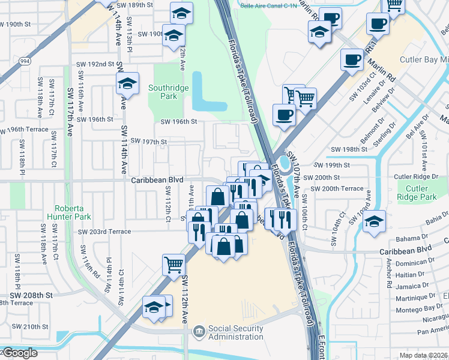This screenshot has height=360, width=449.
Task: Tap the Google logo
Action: coord(19,353)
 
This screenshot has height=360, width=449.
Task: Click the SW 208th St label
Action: coord(31,296)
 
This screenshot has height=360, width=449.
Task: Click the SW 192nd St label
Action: coord(95,64)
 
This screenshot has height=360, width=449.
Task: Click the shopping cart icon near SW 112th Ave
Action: coord(173,263)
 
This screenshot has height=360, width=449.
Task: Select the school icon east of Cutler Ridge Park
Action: coord(374,221)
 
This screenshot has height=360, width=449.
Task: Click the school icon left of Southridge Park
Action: coord(127,83)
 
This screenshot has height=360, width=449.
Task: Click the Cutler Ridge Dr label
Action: coord(417,177)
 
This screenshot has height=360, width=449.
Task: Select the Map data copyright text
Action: coord(423,355)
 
